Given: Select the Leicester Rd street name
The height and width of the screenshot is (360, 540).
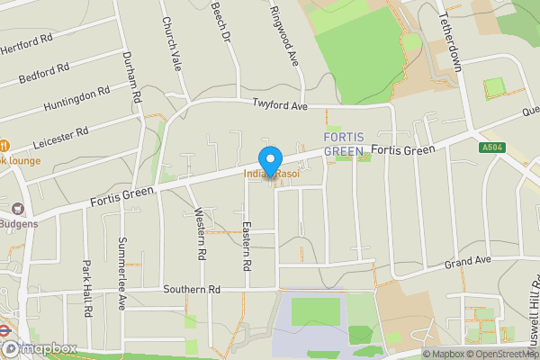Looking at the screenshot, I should pyautogui.click(x=60, y=138).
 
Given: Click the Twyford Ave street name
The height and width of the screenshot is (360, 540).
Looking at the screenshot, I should pyautogui.click(x=280, y=105).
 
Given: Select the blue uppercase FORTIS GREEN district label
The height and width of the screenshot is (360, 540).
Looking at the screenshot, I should pyautogui.click(x=344, y=144).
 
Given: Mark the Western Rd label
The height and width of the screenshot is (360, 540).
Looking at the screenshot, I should pyautogui.click(x=200, y=234).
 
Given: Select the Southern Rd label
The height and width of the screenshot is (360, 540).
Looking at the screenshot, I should pyautogui.click(x=192, y=290).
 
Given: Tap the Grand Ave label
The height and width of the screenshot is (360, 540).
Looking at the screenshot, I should pyautogui.click(x=469, y=261).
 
